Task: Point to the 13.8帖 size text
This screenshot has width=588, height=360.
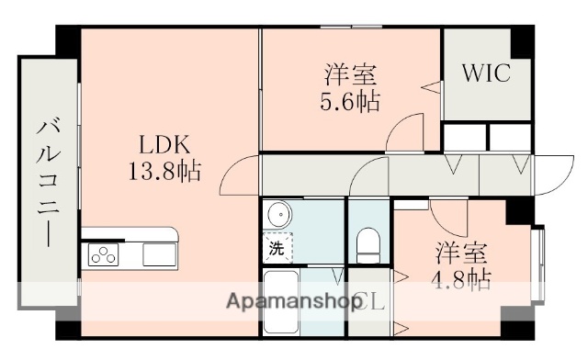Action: pyautogui.click(x=164, y=170)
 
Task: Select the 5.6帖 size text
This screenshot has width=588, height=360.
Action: pyautogui.click(x=350, y=99)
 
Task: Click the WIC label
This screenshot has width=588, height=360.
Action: pyautogui.click(x=485, y=73)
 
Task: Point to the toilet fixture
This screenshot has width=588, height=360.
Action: pyautogui.click(x=368, y=242)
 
